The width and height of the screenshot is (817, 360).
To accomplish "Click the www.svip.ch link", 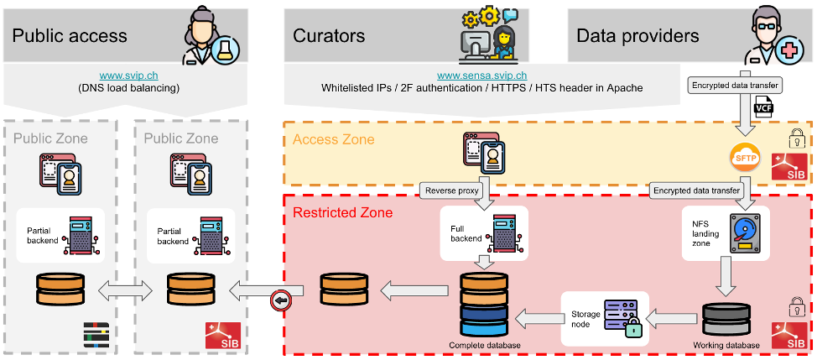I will [129, 76].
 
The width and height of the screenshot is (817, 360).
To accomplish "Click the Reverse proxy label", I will [453, 190].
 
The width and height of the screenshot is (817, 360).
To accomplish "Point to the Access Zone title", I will [333, 140].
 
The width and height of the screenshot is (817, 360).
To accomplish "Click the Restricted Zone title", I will [343, 213].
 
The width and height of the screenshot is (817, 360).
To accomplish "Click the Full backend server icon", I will [504, 232].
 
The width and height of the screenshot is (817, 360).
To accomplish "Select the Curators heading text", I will [328, 35].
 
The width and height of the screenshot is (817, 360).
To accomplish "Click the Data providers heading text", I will [637, 35].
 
